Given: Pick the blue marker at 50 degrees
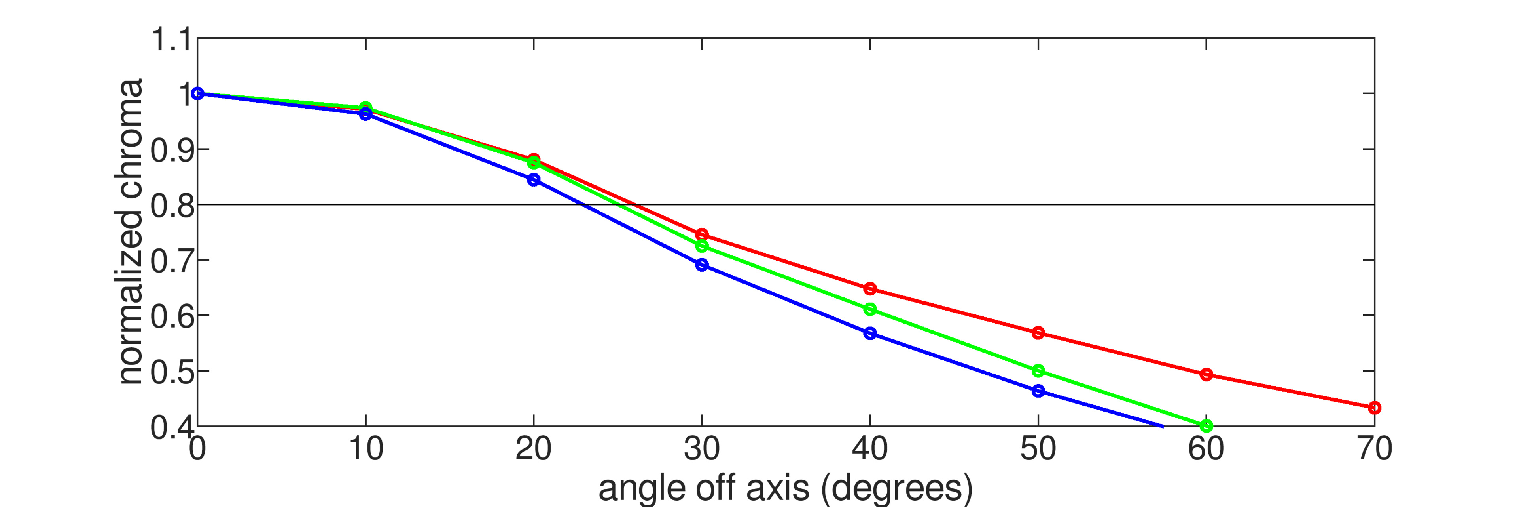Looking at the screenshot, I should pyautogui.click(x=1038, y=391).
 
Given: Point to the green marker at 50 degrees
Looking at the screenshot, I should pyautogui.click(x=1038, y=371).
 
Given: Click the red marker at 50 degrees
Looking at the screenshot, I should pyautogui.click(x=1038, y=333).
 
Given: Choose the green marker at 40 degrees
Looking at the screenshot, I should pyautogui.click(x=870, y=309).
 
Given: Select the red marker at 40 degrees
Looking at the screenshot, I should pyautogui.click(x=870, y=289).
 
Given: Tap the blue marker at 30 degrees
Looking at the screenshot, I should pyautogui.click(x=702, y=265).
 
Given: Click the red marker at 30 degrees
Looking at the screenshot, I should pyautogui.click(x=702, y=234).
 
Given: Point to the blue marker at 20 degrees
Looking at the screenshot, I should pyautogui.click(x=534, y=179).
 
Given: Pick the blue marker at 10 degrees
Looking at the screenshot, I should pyautogui.click(x=366, y=114).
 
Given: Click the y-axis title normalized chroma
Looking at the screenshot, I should pyautogui.click(x=131, y=231).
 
